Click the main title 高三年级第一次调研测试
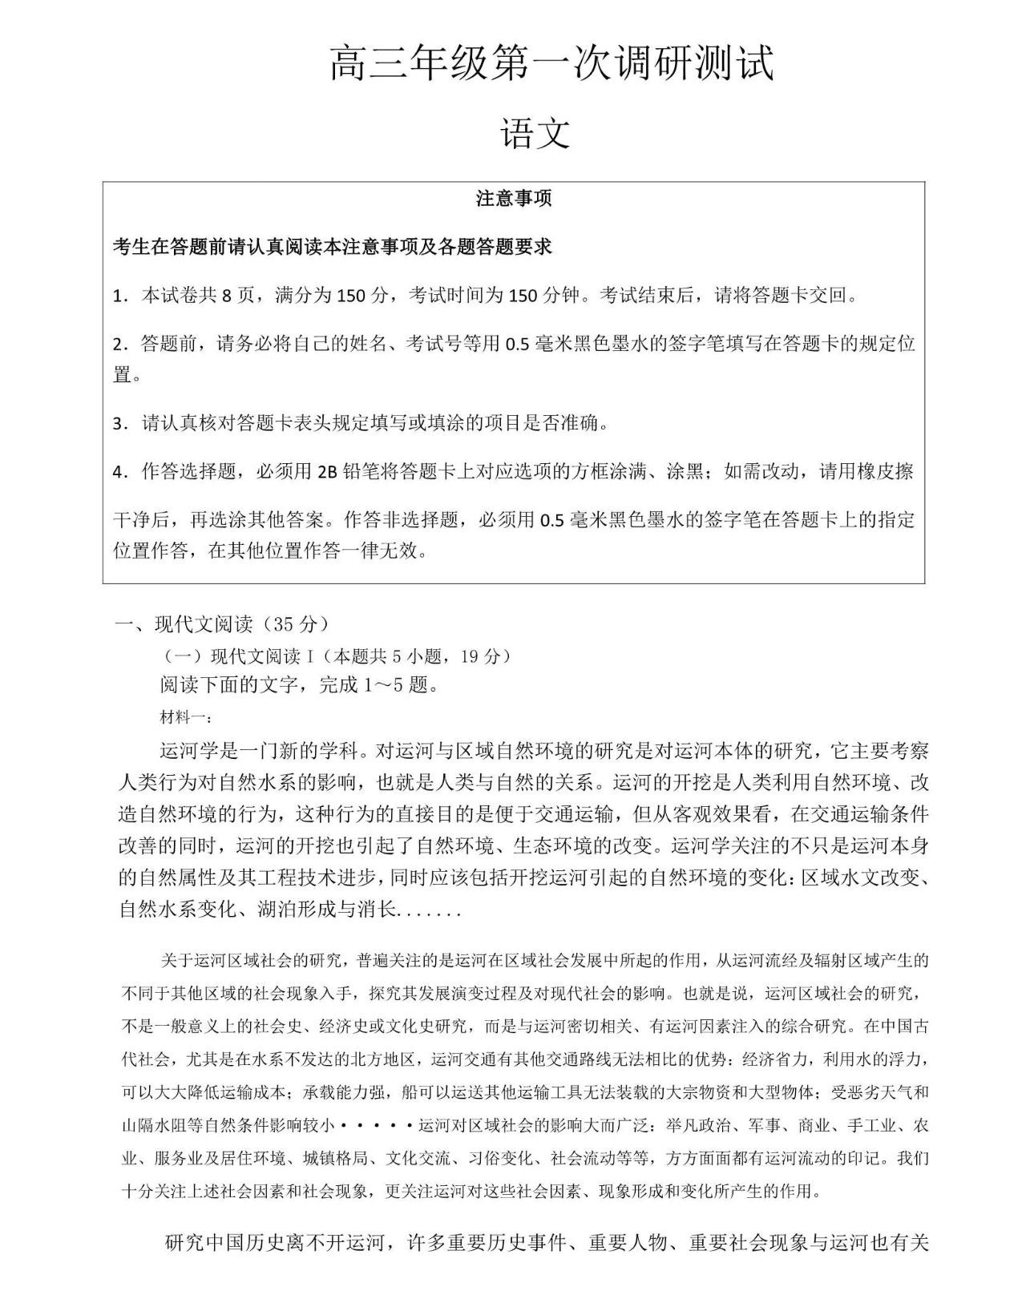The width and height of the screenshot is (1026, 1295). point(552,63)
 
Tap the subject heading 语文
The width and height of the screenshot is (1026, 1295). point(535,133)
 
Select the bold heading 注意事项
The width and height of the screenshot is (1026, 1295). point(514,199)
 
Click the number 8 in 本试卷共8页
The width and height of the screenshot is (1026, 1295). point(226,296)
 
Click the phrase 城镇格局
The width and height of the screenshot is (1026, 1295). point(335,1158)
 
